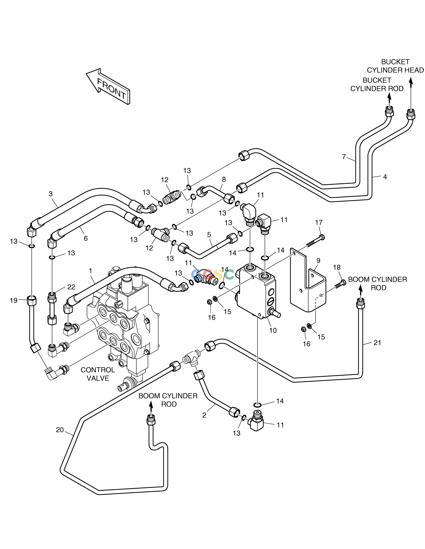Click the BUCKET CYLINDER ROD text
click(377, 84)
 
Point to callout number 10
click(273, 330)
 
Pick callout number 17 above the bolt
click(319, 222)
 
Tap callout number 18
click(337, 267)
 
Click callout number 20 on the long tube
click(60, 430)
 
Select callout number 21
click(377, 343)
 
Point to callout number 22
click(71, 287)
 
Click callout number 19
click(14, 300)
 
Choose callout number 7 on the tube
click(344, 157)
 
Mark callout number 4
click(385, 177)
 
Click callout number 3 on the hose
click(51, 194)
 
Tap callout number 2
click(204, 415)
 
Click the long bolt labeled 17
click(315, 240)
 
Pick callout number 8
click(224, 179)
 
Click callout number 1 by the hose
click(90, 271)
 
